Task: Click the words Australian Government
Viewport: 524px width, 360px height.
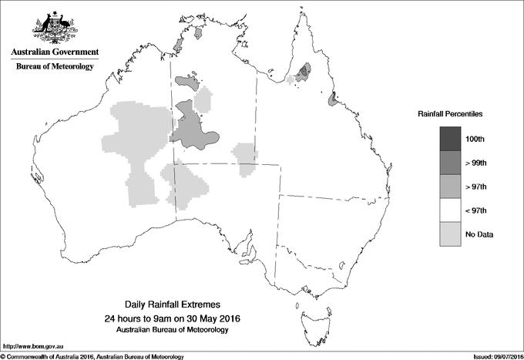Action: coord(55,52)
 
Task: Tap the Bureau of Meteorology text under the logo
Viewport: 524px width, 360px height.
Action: coord(55,67)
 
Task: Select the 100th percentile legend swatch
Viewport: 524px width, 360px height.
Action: coord(453,139)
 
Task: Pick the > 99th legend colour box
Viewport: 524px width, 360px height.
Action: coord(453,163)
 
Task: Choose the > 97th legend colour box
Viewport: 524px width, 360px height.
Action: coord(453,187)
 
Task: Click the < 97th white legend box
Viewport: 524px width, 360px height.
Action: coord(453,210)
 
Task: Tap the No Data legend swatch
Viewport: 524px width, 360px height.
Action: coord(453,234)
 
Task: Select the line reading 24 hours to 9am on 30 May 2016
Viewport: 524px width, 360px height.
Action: coord(178,318)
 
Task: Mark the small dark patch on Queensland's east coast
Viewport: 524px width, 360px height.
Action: coord(333,99)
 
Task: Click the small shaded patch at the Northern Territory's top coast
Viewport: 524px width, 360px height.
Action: coord(199,33)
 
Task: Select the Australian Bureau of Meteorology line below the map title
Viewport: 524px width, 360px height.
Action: coord(178,329)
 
